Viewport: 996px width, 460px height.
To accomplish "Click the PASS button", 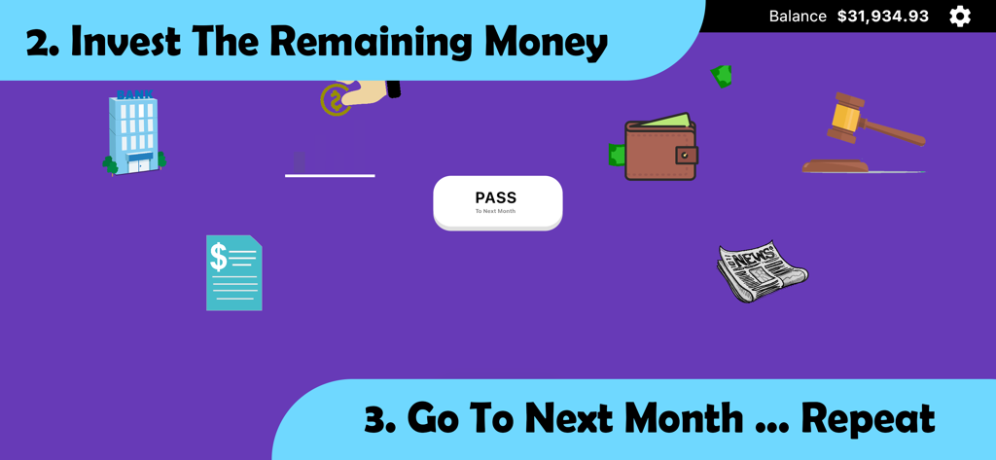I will point(497,202).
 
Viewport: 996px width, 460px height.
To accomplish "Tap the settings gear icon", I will point(960,16).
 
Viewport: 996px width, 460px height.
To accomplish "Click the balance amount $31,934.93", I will point(882,17).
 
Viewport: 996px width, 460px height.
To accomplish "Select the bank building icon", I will point(134,133).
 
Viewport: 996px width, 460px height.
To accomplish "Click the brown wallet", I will point(659,150).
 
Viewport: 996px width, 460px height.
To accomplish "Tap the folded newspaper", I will point(762,270).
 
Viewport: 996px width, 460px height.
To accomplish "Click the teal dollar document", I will point(233,273).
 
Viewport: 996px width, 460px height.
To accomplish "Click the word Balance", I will point(798,17).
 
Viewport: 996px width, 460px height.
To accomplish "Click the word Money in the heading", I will point(546,42).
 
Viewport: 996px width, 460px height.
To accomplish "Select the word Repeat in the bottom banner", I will point(868,418).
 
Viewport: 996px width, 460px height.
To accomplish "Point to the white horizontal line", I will point(330,175).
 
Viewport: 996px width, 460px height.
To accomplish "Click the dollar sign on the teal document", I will point(219,257).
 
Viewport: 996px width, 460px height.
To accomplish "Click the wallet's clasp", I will point(686,155).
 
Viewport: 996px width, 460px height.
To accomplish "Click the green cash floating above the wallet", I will point(721,75).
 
